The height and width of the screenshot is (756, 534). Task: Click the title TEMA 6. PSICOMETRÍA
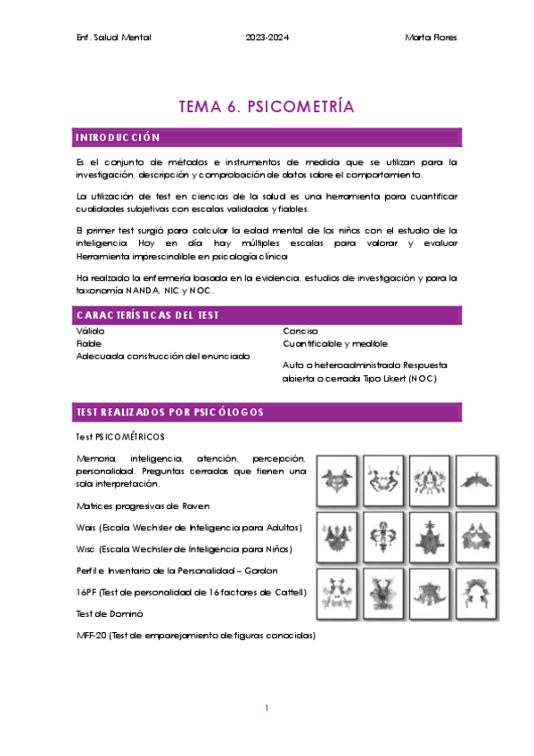pos(267,107)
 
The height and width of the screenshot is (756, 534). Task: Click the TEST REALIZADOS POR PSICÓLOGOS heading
pos(169,412)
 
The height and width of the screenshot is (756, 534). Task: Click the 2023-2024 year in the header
pos(267,37)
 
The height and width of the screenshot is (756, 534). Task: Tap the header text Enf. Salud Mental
pos(115,37)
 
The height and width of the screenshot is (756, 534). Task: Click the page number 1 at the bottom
pos(267,708)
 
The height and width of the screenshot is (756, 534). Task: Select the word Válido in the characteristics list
pos(91,331)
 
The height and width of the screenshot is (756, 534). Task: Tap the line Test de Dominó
pos(111,613)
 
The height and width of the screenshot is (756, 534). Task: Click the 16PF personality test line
pos(192,592)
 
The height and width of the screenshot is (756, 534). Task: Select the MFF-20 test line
pos(196,635)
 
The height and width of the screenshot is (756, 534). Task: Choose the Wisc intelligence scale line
pos(184,548)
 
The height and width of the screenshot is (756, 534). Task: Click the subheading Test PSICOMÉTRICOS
pos(120,437)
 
